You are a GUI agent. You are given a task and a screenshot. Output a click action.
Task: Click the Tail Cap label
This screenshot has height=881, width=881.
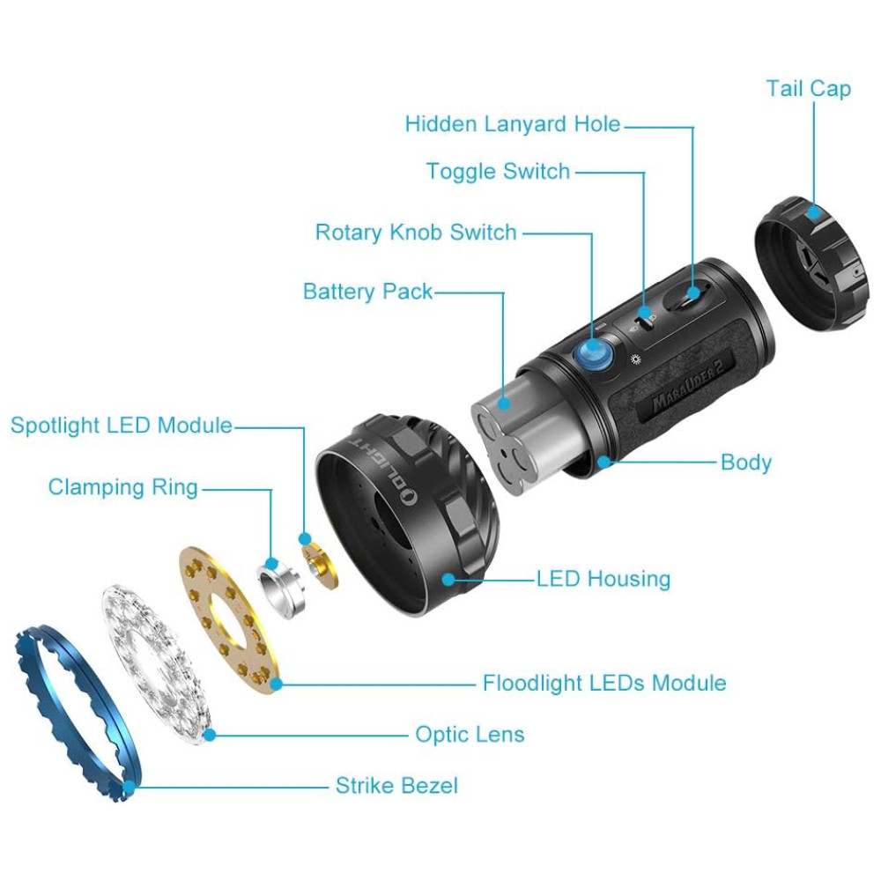point(809,89)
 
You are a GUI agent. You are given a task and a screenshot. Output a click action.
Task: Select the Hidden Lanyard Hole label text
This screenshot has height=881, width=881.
point(513,123)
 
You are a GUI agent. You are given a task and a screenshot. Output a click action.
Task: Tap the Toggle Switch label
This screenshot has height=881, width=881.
point(499,171)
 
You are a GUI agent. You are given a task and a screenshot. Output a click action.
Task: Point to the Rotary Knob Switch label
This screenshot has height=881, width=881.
point(416,232)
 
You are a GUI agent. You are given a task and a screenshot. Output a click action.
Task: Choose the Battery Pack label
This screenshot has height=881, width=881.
point(367,291)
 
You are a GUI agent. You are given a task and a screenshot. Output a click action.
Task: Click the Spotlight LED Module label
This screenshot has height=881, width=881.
point(122,426)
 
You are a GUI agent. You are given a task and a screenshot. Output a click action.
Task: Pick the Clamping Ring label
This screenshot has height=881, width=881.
point(123,487)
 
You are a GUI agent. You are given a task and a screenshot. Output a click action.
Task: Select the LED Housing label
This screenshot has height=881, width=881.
point(603,579)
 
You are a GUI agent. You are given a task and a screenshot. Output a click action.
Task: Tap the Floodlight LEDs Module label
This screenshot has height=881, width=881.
point(604,684)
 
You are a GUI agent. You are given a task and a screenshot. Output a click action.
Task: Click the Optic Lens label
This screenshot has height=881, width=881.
point(470,735)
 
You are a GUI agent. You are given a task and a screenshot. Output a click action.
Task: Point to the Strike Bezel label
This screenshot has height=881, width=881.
point(396,786)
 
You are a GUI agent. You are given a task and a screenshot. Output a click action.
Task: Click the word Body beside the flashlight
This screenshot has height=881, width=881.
point(746,463)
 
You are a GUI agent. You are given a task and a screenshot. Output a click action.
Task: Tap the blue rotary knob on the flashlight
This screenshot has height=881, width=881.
point(594,354)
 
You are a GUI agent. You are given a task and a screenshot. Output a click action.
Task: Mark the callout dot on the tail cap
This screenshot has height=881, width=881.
point(813,213)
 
